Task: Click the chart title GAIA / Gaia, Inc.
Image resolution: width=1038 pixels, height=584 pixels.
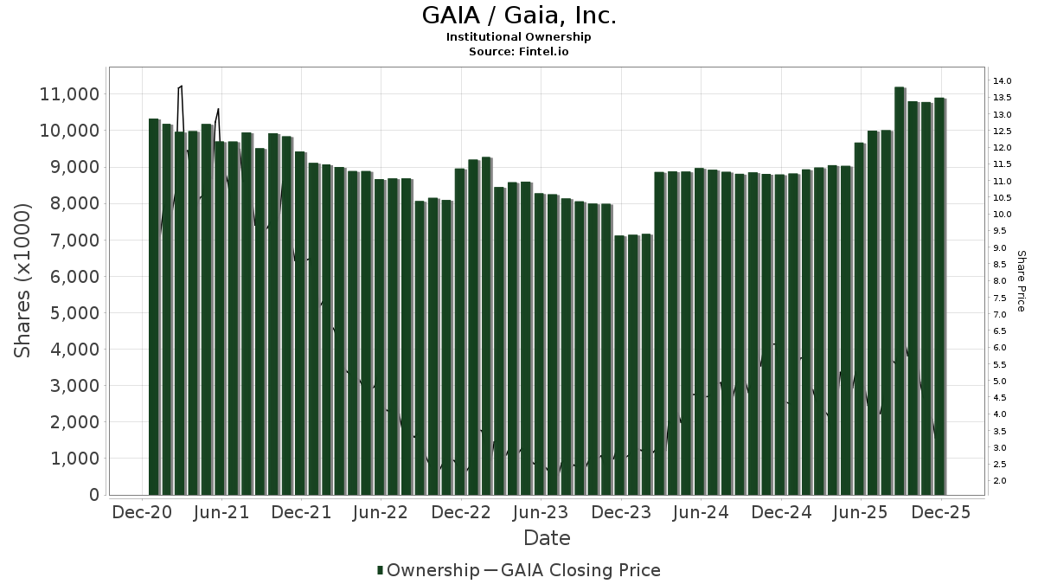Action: tap(518, 16)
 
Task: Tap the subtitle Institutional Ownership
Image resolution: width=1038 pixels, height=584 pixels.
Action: tap(518, 37)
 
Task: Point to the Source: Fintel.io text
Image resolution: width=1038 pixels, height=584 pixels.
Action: tap(518, 51)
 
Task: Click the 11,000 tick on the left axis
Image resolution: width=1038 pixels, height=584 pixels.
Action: tap(70, 93)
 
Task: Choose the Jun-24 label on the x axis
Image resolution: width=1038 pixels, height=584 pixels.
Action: tap(701, 512)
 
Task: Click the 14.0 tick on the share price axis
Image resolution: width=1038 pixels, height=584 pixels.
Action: tap(1003, 81)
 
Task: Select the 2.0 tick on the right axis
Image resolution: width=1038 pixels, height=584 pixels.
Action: tap(1000, 481)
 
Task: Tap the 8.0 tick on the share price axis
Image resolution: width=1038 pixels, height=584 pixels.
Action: tap(1000, 281)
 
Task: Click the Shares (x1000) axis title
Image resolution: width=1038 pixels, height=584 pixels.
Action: tap(23, 280)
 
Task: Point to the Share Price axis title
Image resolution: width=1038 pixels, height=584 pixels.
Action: tap(1021, 281)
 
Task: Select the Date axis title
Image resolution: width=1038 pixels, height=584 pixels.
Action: tap(547, 538)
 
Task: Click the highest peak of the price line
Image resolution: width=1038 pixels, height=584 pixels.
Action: tap(181, 86)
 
